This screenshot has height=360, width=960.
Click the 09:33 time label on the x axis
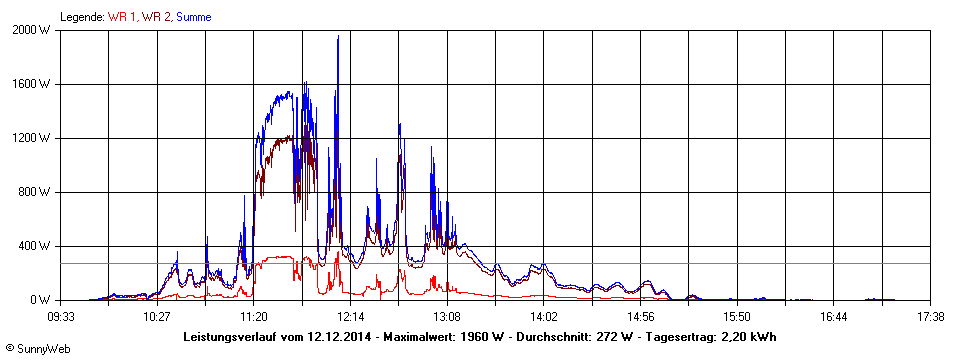[x=60, y=317]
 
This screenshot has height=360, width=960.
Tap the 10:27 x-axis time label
[x=157, y=317]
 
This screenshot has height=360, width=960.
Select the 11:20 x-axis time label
[x=254, y=317]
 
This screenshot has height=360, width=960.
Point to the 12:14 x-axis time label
[x=350, y=317]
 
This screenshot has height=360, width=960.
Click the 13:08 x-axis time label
[x=447, y=317]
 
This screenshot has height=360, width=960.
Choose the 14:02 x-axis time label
[x=544, y=317]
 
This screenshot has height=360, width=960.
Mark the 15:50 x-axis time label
[x=737, y=317]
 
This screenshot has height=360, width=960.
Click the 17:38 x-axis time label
[x=931, y=317]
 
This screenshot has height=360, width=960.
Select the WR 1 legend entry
[x=122, y=17]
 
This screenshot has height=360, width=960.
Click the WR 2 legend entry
[x=156, y=17]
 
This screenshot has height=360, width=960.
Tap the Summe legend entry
[x=194, y=17]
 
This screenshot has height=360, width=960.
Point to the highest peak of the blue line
[x=338, y=36]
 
